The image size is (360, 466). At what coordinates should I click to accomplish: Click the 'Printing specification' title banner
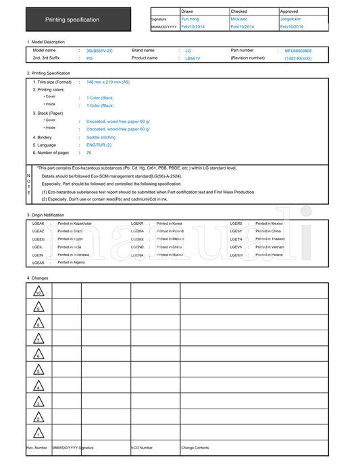pyautogui.click(x=72, y=20)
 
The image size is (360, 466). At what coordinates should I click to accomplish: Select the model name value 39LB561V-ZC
pyautogui.click(x=100, y=51)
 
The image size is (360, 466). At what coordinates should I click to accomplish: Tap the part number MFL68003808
pyautogui.click(x=298, y=51)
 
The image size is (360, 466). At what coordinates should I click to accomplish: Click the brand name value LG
pyautogui.click(x=188, y=51)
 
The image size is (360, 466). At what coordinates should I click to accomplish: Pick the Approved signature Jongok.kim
pyautogui.click(x=291, y=20)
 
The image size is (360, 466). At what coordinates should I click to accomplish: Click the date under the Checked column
pyautogui.click(x=242, y=27)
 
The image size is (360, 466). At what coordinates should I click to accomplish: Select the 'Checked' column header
pyautogui.click(x=239, y=11)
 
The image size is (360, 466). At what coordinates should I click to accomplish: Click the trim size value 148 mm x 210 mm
pyautogui.click(x=108, y=82)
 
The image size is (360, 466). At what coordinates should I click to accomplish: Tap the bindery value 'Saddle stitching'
pyautogui.click(x=101, y=137)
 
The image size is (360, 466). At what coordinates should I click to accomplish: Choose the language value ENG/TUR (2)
pyautogui.click(x=99, y=145)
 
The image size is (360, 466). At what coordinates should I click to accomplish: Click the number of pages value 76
pyautogui.click(x=89, y=153)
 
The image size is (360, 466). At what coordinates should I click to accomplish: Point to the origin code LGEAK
pyautogui.click(x=38, y=223)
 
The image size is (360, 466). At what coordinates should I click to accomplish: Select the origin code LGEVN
pyautogui.click(x=236, y=247)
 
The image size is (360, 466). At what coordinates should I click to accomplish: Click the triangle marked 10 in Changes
pyautogui.click(x=38, y=292)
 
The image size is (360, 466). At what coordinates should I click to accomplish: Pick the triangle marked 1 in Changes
pyautogui.click(x=38, y=434)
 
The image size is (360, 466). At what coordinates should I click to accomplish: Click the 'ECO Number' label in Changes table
pyautogui.click(x=143, y=448)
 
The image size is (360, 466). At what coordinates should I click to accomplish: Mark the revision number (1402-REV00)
pyautogui.click(x=298, y=59)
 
